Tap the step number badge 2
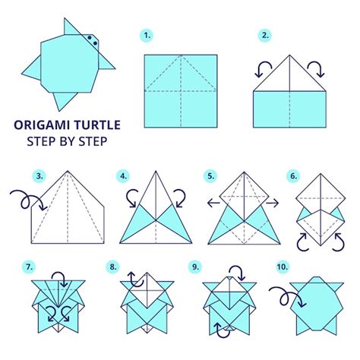coord(265,36)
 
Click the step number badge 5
coord(212,177)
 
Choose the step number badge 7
coord(28,266)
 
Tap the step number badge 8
coord(113,267)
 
